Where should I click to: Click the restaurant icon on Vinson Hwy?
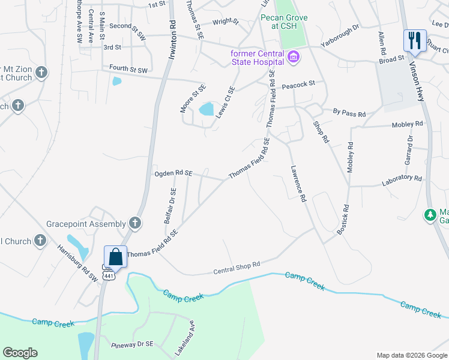(415, 41)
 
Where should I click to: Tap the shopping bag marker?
(115, 257)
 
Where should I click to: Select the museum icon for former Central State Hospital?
(294, 58)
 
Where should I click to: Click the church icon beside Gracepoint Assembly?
(136, 223)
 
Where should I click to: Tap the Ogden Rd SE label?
(173, 173)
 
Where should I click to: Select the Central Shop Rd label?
(237, 268)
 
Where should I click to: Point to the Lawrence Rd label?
(299, 184)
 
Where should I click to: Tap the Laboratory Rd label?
(401, 178)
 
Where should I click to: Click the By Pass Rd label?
(349, 112)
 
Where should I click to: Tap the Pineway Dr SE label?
(133, 345)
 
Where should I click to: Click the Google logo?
(20, 353)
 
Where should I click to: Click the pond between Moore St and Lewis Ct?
(206, 109)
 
